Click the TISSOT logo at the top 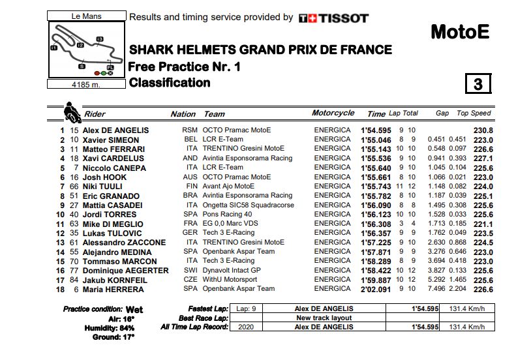click(333, 18)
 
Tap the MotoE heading click(460, 32)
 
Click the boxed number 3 click(478, 84)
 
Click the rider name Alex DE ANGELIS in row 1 click(115, 130)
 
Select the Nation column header click(183, 114)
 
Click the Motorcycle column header click(333, 113)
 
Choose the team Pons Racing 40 click(227, 215)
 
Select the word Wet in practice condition click(134, 309)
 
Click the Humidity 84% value click(126, 327)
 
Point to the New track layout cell click(324, 318)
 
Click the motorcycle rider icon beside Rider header click(70, 112)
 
